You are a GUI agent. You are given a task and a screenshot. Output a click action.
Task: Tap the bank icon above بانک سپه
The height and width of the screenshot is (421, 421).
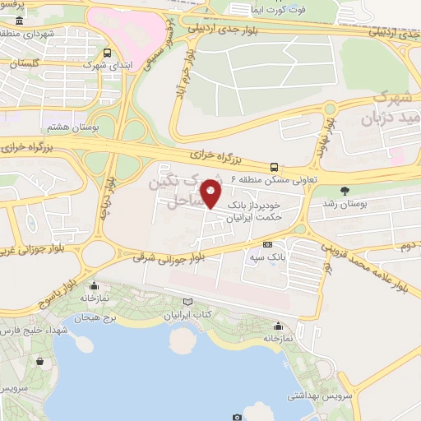268,244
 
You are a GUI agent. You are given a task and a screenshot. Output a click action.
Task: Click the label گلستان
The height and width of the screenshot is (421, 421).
28,62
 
